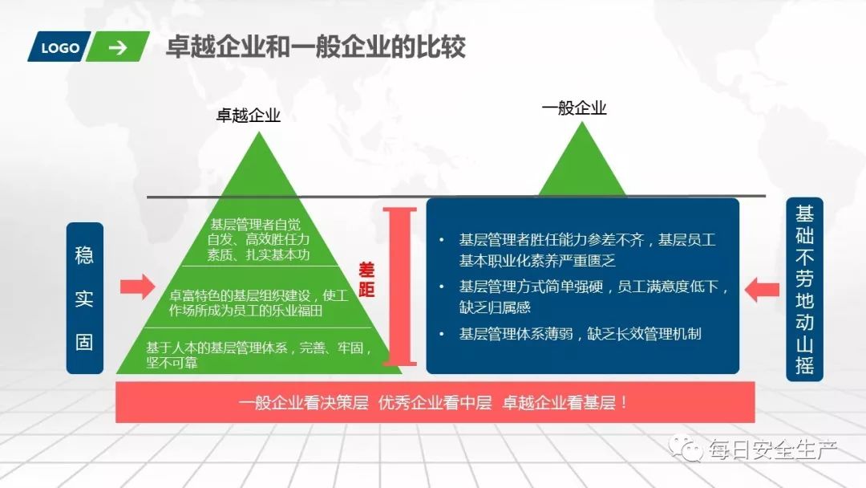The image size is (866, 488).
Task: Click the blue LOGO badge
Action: (x=60, y=47)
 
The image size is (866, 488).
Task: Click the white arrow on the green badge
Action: (x=118, y=47)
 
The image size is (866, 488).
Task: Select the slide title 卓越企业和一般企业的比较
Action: (x=315, y=47)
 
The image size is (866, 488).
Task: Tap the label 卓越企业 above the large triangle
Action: (x=248, y=116)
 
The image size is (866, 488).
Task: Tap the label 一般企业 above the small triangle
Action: (x=573, y=108)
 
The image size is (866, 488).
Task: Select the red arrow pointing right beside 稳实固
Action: (x=137, y=287)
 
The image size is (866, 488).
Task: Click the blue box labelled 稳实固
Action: (x=84, y=298)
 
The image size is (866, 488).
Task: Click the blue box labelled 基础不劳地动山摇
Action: (x=804, y=289)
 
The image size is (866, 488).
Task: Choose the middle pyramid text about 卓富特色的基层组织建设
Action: (x=257, y=303)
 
